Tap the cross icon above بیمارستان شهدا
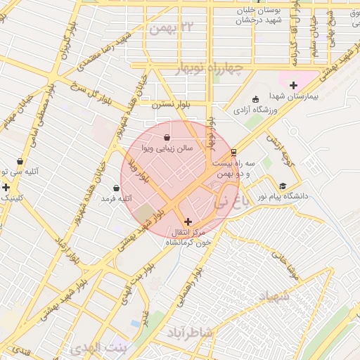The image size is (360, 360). tap(293, 85)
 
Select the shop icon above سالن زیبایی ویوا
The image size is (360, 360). tap(167, 137)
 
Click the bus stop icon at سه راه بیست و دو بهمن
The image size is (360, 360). tap(233, 152)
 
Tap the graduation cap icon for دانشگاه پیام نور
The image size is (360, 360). tap(283, 187)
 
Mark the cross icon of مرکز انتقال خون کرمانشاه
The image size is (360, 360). tap(188, 221)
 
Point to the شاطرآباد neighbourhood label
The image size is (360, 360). tap(189, 330)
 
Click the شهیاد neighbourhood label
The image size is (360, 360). tap(275, 298)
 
